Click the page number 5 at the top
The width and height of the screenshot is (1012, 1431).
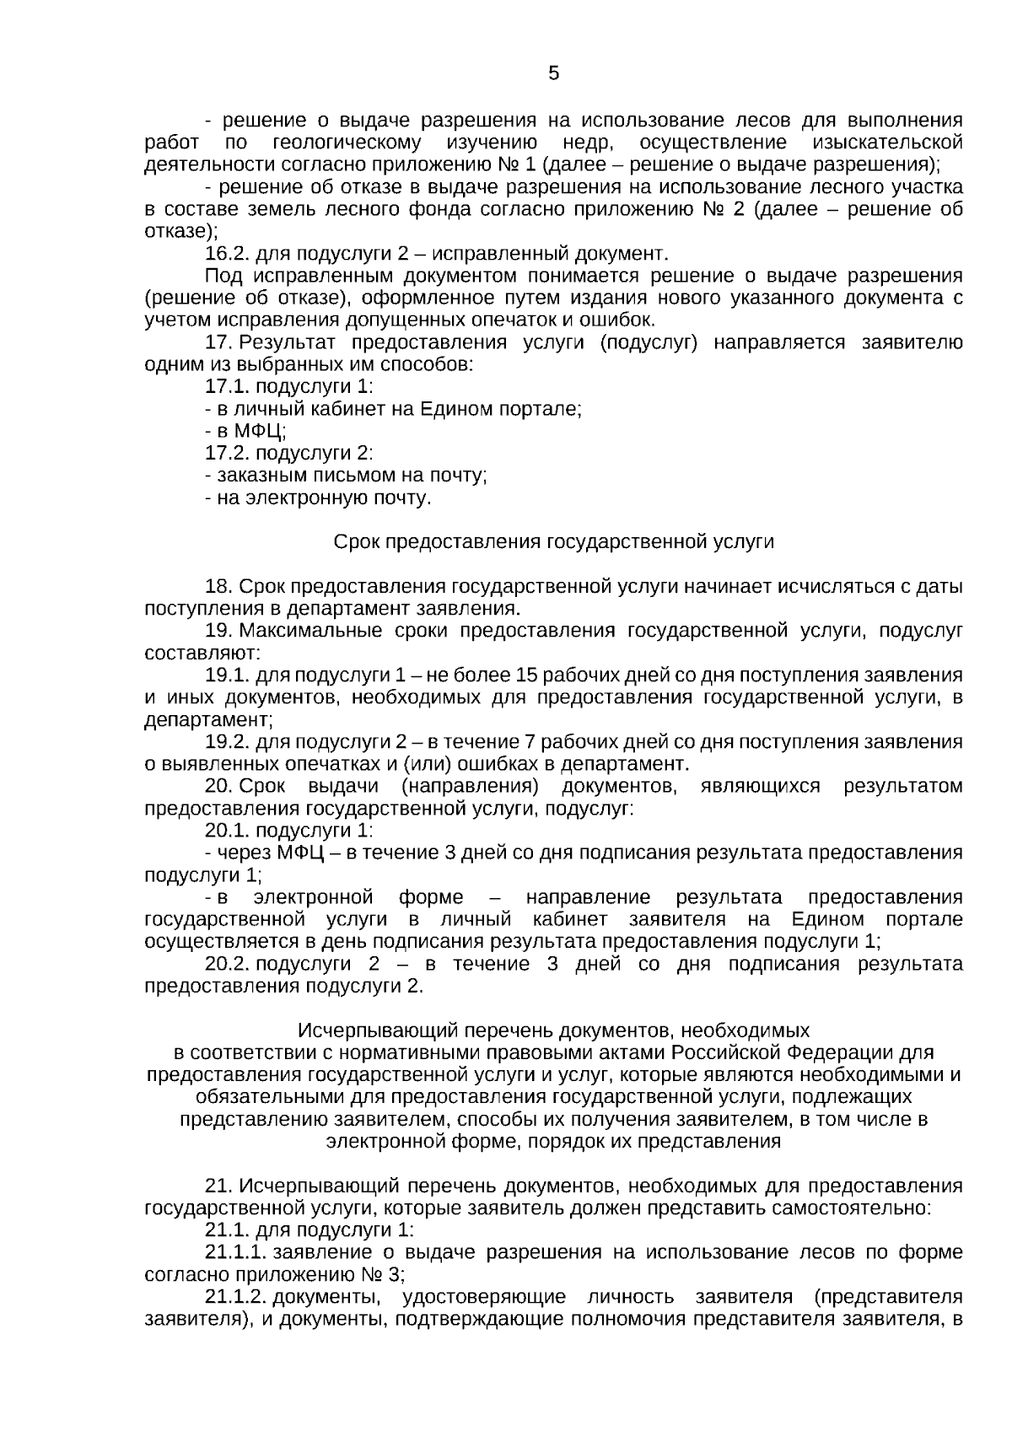553,73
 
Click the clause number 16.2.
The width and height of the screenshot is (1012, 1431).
227,253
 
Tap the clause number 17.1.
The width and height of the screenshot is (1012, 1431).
227,386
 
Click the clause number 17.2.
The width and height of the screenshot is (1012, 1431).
227,453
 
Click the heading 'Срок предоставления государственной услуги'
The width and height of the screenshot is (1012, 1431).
553,541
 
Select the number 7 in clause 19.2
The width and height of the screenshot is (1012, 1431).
530,741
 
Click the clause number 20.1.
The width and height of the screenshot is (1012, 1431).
227,830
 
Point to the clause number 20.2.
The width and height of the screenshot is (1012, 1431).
227,963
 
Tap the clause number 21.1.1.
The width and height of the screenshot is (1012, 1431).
236,1251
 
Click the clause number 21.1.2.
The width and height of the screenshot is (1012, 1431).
236,1296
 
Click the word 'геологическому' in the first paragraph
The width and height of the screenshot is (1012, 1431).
347,142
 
